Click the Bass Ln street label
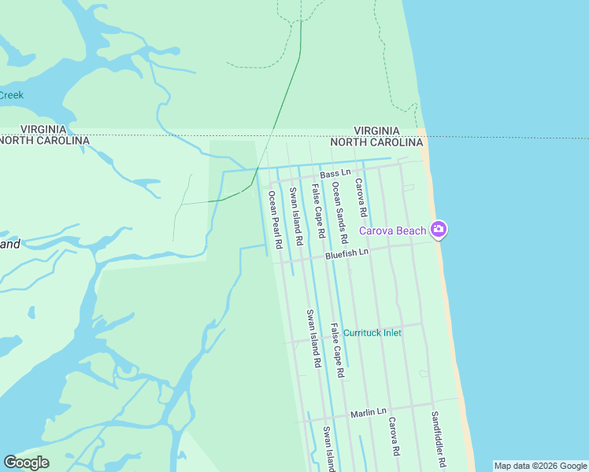click(335, 174)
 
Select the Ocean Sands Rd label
click(340, 212)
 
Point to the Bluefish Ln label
click(346, 253)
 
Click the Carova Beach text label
click(393, 230)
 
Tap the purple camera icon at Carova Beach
click(439, 230)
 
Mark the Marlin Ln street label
click(369, 412)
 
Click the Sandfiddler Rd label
click(439, 441)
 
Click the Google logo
click(26, 463)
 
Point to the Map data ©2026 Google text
click(540, 466)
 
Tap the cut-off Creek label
click(11, 95)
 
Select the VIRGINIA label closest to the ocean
click(376, 131)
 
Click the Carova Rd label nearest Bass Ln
click(361, 198)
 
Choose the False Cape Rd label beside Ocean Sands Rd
click(318, 212)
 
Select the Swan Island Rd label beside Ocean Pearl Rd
click(295, 217)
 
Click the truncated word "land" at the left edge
click(10, 244)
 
